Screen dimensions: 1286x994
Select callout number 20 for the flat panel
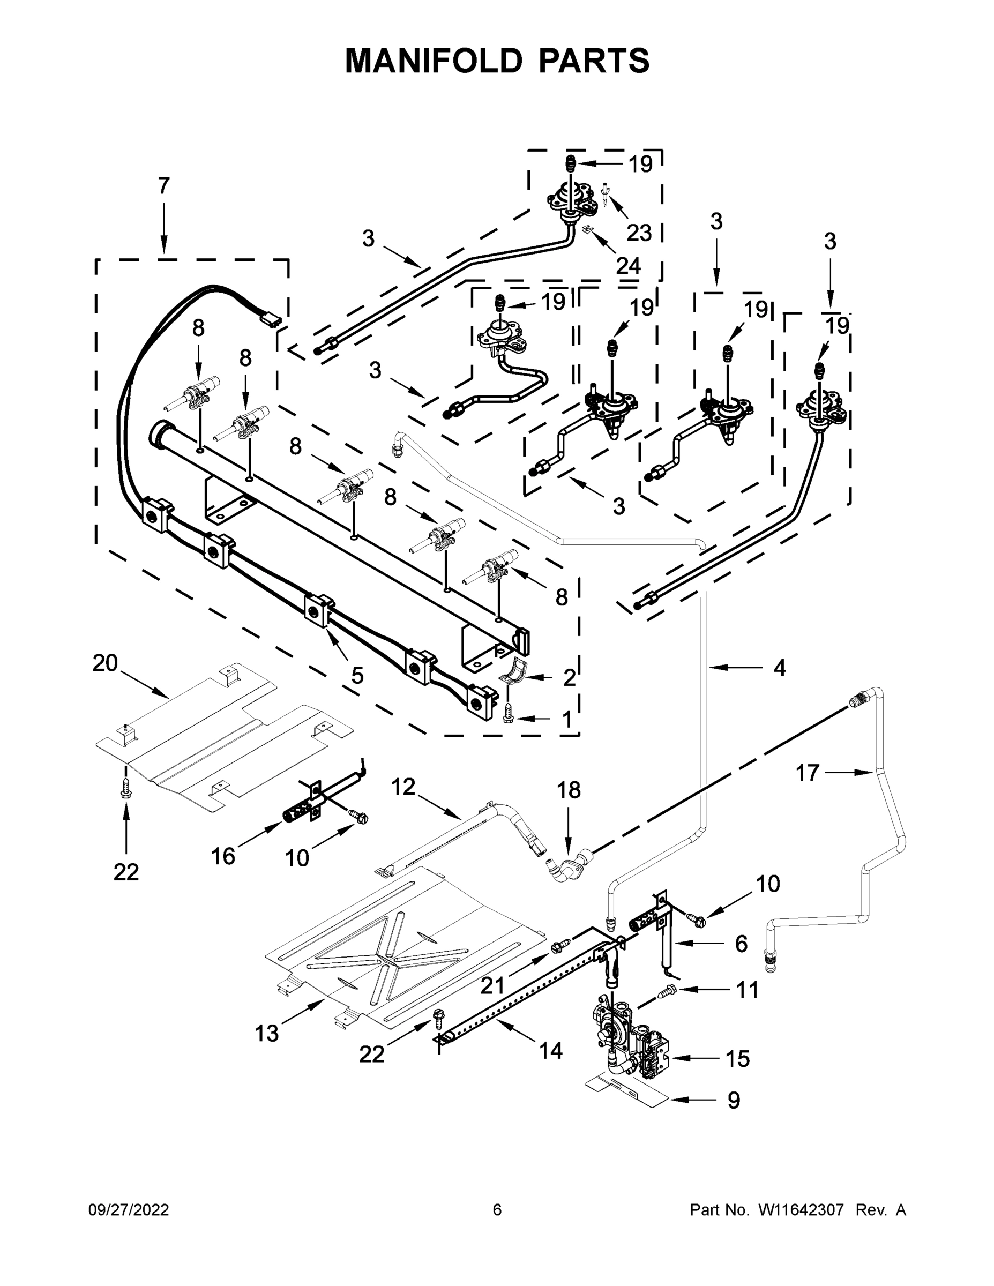point(106,663)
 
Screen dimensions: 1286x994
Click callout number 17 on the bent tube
point(808,773)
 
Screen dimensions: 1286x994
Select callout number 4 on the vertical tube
point(779,668)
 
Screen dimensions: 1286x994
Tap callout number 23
point(639,233)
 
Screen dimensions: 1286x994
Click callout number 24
point(629,266)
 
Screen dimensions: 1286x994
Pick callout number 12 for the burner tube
point(403,787)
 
